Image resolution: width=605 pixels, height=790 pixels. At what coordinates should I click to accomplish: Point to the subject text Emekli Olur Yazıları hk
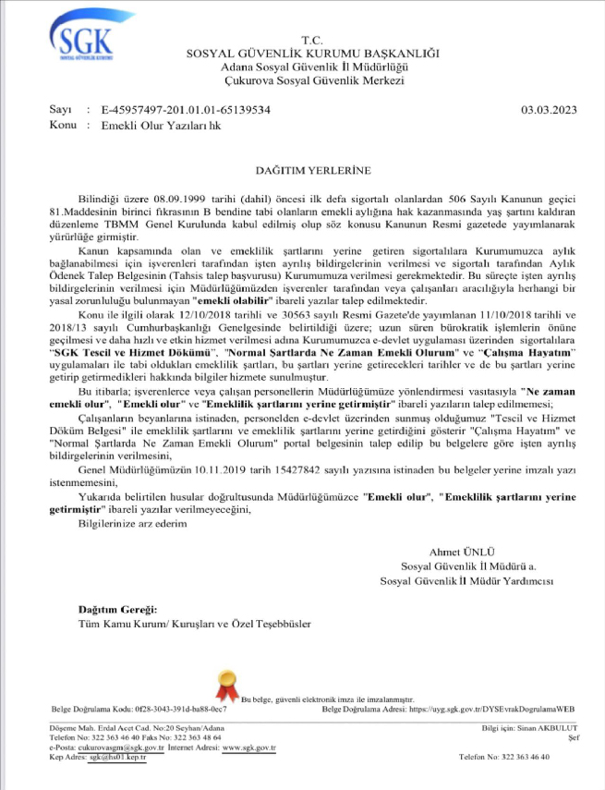[x=163, y=125]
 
